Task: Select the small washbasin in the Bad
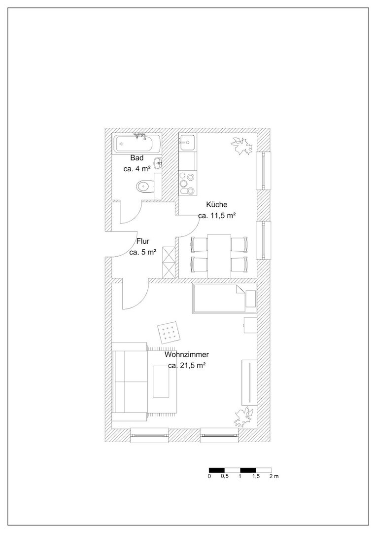click(x=158, y=163)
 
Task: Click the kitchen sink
click(x=188, y=143)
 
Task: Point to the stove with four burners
click(x=188, y=183)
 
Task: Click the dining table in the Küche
click(x=219, y=256)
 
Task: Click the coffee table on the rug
click(x=161, y=381)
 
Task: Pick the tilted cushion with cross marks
click(x=169, y=333)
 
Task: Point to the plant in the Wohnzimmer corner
click(x=244, y=417)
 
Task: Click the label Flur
click(x=143, y=241)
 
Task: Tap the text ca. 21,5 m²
click(x=187, y=366)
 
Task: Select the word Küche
click(x=216, y=205)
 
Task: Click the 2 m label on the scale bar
click(x=274, y=476)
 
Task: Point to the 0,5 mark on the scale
click(x=225, y=476)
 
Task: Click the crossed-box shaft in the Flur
click(x=169, y=263)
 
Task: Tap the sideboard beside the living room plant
click(x=249, y=382)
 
